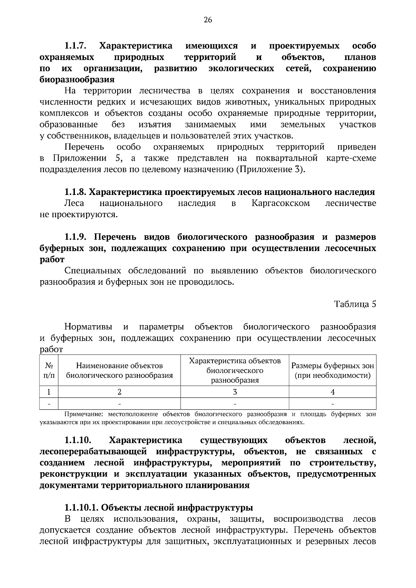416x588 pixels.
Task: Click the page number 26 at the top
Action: tap(208, 20)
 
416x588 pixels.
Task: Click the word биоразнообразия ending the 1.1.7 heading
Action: tap(77, 80)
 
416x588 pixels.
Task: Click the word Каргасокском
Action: tap(280, 203)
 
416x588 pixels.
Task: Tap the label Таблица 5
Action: tap(355, 304)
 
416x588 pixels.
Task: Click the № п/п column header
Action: tap(49, 371)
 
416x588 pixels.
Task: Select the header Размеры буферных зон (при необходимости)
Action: tap(332, 371)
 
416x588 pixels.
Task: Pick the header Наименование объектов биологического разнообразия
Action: tap(119, 371)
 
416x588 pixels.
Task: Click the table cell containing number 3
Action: tap(235, 392)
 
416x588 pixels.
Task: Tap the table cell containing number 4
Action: tap(332, 392)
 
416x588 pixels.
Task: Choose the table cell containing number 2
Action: tap(119, 392)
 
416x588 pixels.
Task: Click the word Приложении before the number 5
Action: tap(80, 159)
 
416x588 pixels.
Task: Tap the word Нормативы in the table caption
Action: tap(88, 327)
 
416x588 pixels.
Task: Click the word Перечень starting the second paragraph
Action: tap(84, 147)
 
